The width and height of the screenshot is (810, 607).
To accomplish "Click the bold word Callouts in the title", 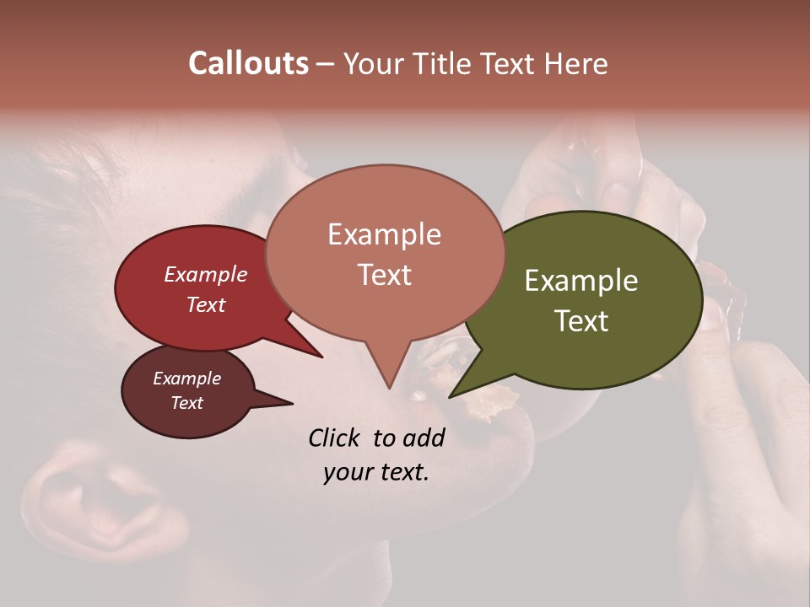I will click(x=248, y=63).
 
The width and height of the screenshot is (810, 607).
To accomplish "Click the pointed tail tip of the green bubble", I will click(x=451, y=395).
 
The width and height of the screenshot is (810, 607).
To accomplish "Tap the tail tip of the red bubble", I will click(x=321, y=357).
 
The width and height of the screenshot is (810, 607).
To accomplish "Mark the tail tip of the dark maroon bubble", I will click(x=292, y=403).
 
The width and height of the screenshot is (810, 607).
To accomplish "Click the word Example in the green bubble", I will click(x=580, y=281).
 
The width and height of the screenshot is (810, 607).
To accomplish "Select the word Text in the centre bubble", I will click(x=385, y=275).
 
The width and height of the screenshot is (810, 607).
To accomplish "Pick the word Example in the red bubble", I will click(x=206, y=274).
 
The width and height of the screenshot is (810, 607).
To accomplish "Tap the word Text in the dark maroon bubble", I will click(x=187, y=403).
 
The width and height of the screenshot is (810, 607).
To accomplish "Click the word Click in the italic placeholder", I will click(x=335, y=438).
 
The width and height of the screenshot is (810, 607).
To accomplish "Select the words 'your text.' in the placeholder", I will click(x=375, y=472).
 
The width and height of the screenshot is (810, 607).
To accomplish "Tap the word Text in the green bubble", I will click(x=582, y=321).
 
